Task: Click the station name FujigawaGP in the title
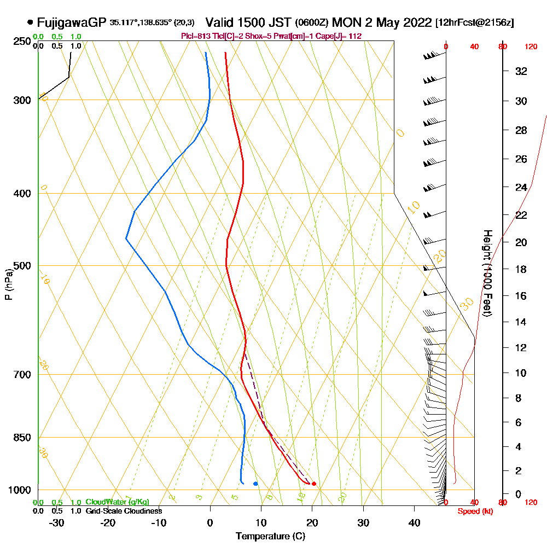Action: [72, 23]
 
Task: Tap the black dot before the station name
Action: [30, 23]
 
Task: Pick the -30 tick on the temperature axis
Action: [57, 523]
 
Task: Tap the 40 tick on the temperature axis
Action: [415, 523]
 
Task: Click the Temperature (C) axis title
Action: [270, 537]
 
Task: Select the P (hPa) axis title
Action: [8, 284]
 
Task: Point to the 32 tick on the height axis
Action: [521, 71]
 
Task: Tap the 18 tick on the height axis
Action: [521, 269]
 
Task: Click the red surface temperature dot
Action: [313, 484]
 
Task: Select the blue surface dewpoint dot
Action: [255, 484]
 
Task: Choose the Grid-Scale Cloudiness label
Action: [123, 511]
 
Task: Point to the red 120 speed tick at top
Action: [531, 47]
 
